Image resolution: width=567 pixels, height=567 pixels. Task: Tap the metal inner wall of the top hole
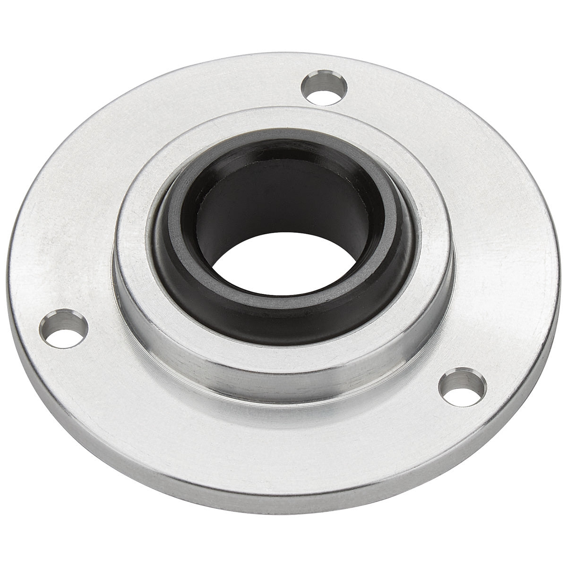[321, 79]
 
